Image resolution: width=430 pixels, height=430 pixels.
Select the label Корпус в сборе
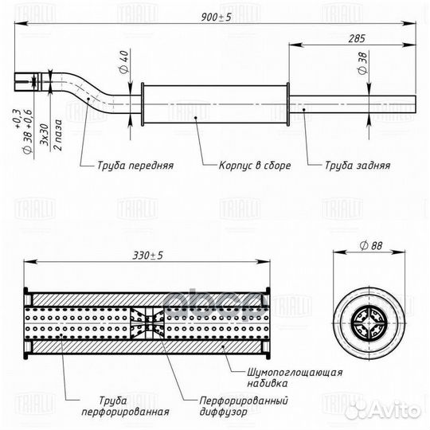[255, 167]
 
